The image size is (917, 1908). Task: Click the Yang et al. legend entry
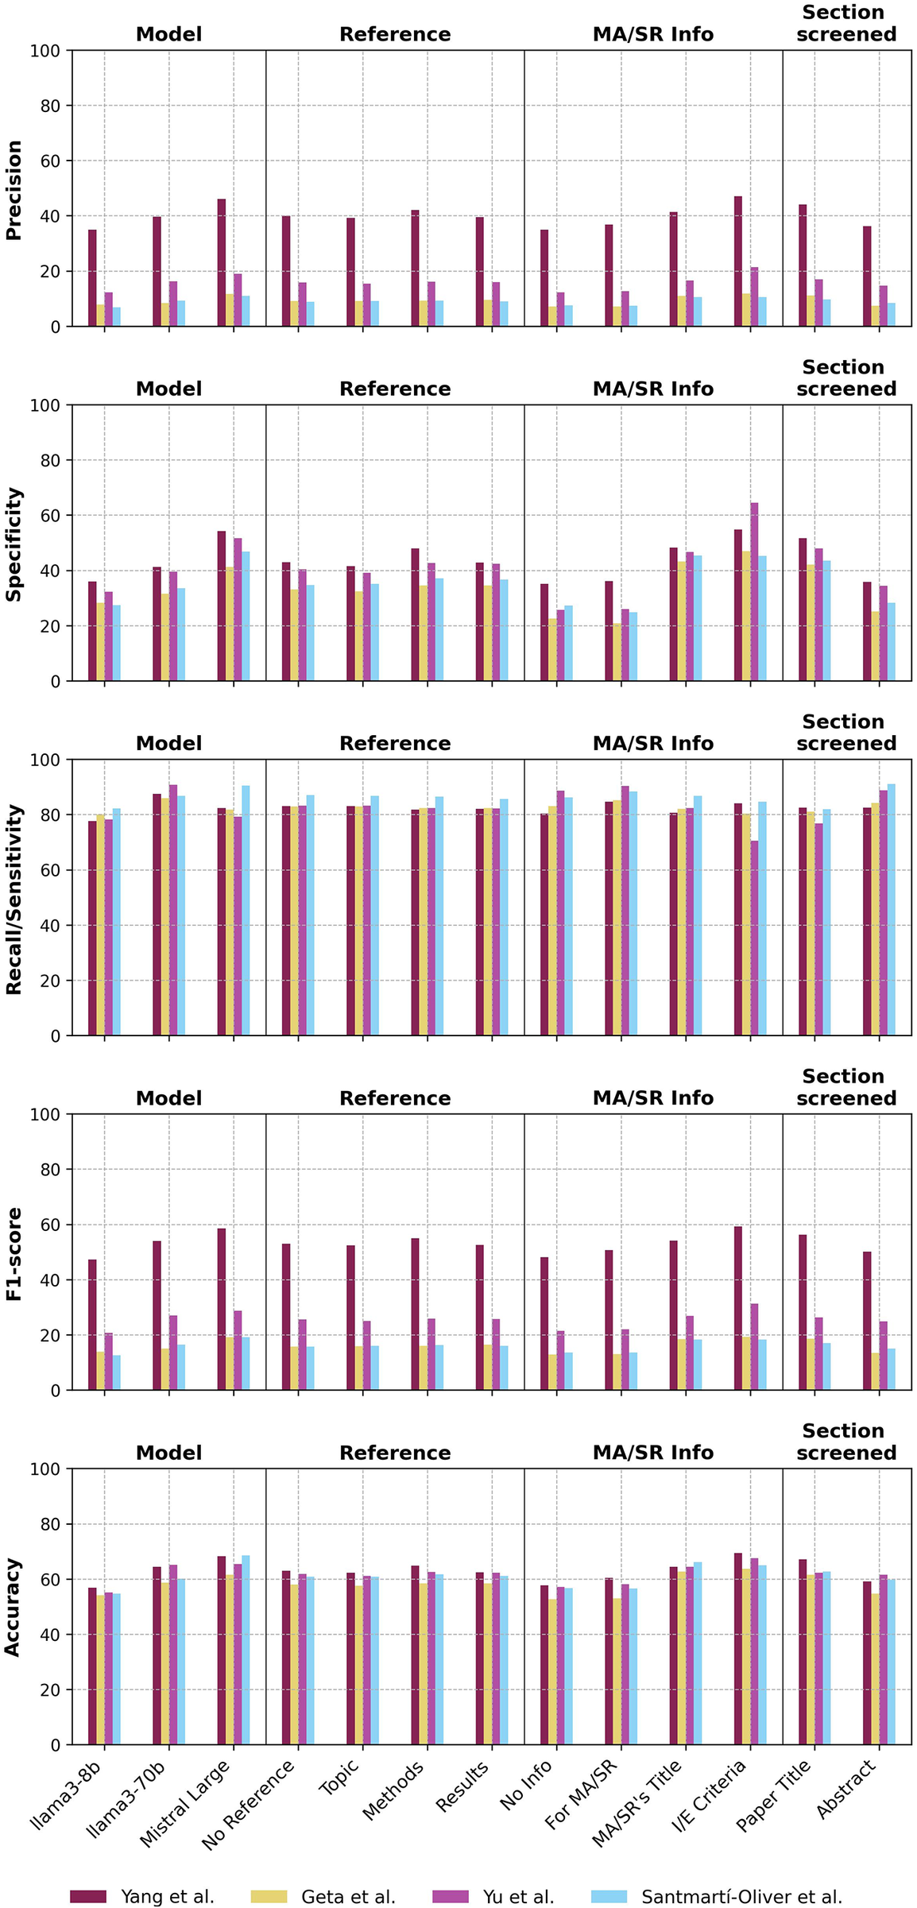[143, 1896]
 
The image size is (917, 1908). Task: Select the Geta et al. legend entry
[323, 1896]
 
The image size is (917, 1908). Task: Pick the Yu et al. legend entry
[493, 1896]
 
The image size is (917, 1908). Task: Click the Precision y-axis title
[14, 189]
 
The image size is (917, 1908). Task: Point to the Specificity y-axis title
[14, 544]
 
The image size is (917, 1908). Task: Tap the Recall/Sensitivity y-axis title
[14, 898]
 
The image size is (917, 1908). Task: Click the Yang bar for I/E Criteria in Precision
[738, 261]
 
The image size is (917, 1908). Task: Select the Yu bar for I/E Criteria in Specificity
[754, 592]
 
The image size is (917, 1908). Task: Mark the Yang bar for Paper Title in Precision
[803, 265]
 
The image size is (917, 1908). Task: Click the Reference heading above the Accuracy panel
[395, 1453]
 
